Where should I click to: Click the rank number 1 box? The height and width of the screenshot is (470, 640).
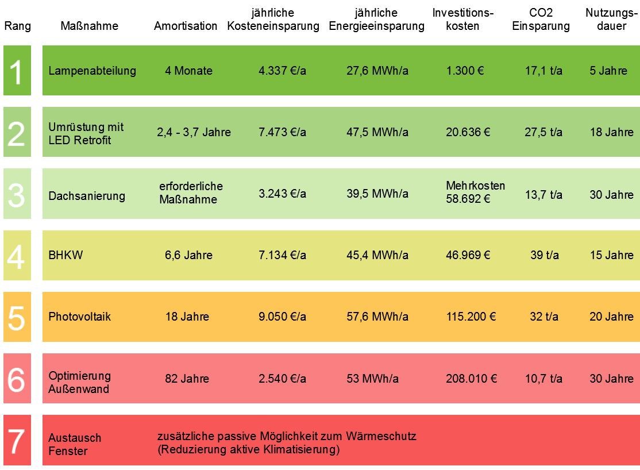17,71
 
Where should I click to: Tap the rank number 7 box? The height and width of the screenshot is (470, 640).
17,441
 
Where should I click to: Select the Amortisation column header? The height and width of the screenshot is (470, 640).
186,26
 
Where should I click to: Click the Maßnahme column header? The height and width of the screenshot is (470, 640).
89,26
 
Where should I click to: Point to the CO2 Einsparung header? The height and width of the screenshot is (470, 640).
541,20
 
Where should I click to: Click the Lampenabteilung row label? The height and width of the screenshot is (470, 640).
92,71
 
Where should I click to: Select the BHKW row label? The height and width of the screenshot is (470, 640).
66,255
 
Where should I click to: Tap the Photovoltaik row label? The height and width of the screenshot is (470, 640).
80,317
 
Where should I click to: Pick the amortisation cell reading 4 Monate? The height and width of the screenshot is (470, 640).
188,71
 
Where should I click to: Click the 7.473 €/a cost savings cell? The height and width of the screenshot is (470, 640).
282,132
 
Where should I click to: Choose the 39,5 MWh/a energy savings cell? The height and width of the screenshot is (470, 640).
377,194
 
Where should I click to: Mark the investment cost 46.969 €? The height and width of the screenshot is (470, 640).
468,255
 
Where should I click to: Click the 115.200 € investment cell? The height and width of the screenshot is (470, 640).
471,317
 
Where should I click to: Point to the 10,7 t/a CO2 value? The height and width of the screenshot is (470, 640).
543,379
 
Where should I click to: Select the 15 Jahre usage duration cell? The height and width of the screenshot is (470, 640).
611,255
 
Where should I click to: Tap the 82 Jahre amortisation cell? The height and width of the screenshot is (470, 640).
187,379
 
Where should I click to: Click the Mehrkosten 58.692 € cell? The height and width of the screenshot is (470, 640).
475,192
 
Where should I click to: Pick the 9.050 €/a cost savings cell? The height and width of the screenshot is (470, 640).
282,317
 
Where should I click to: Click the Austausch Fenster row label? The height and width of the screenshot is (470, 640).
75,444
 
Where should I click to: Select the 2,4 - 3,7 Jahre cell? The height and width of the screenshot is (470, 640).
194,132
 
